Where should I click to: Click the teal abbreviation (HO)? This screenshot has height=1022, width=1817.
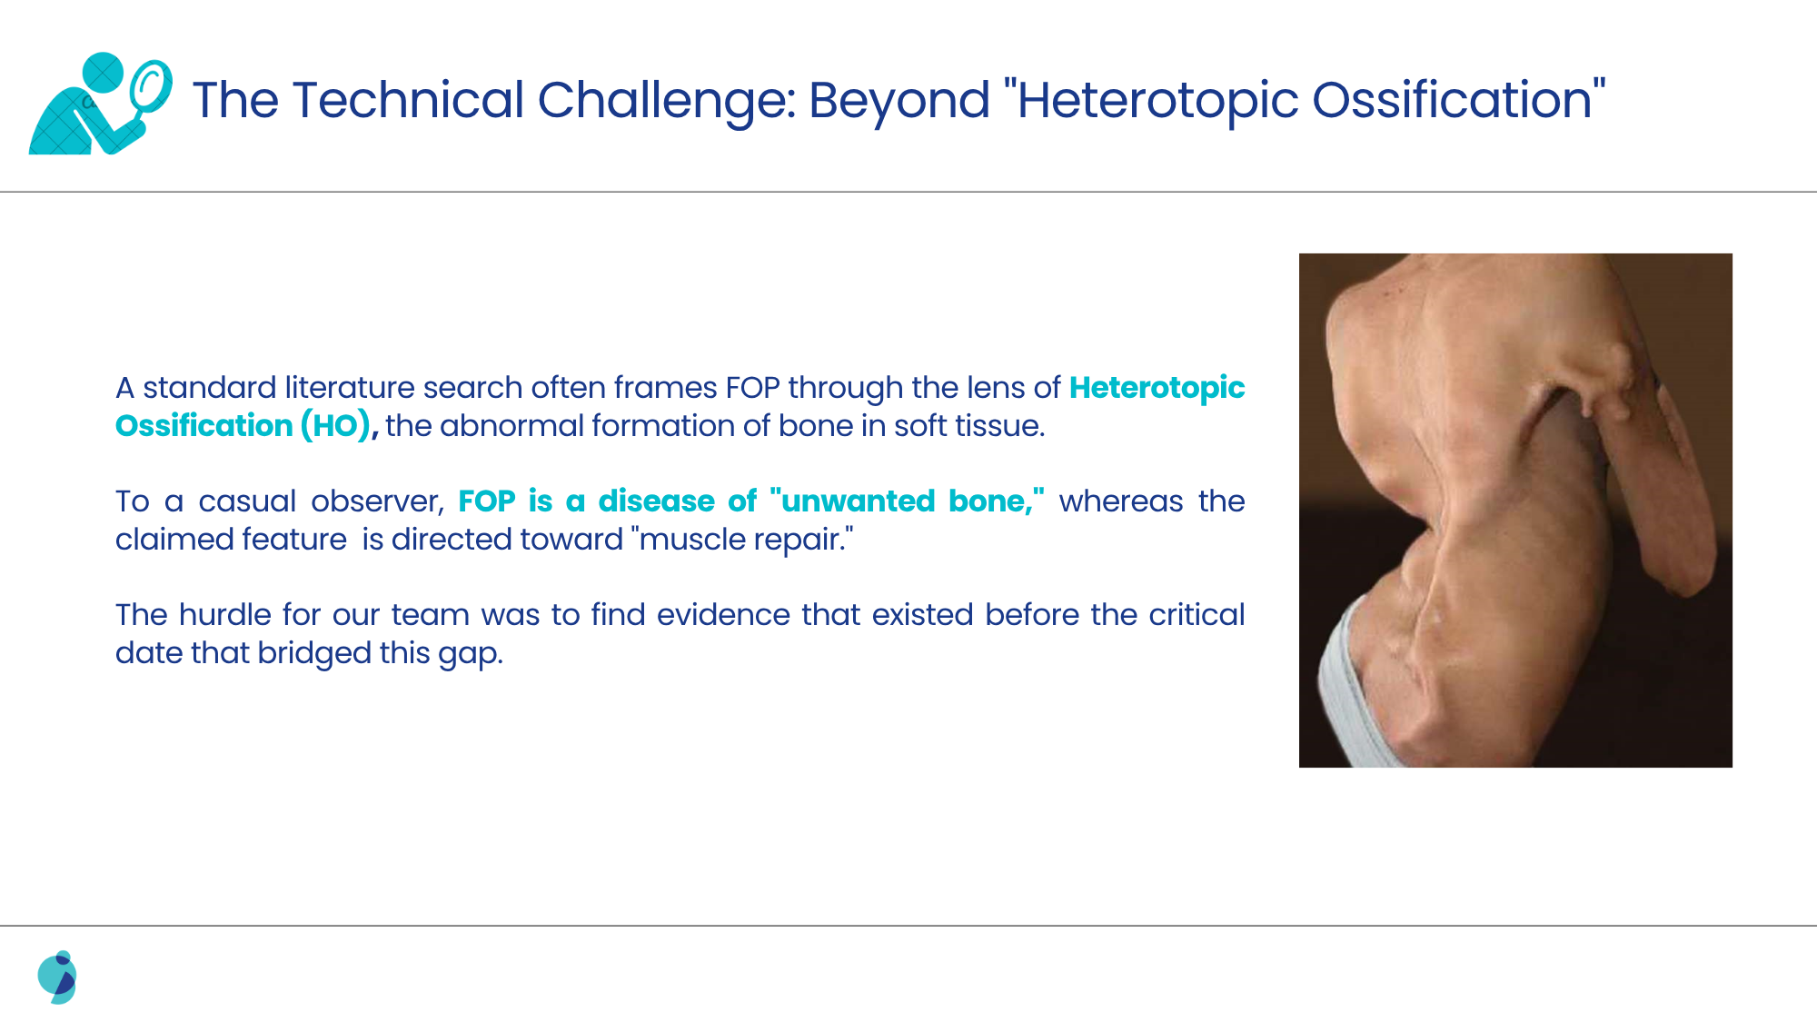[x=335, y=425]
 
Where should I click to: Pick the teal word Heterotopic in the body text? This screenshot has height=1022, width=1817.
[x=1157, y=387]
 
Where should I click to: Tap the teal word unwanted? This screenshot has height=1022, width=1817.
[x=858, y=501]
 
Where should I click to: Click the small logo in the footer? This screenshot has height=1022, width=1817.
[x=57, y=977]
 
